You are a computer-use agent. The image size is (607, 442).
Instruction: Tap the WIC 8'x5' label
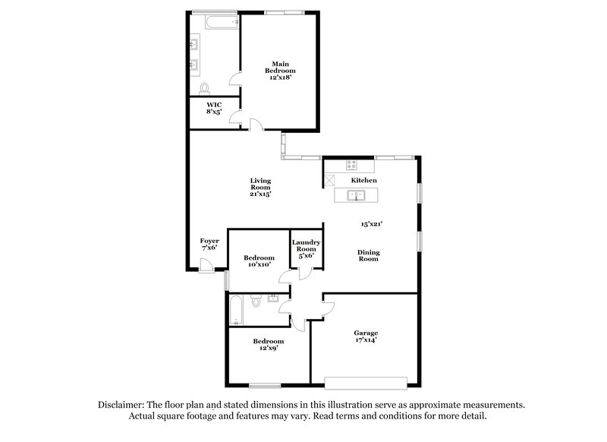tap(214, 107)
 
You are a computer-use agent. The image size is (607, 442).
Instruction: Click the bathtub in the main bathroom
tap(215, 21)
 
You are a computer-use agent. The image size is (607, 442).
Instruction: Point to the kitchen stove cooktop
tap(352, 163)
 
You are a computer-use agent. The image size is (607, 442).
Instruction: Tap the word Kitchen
tap(364, 180)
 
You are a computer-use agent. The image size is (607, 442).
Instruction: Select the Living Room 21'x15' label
tap(260, 187)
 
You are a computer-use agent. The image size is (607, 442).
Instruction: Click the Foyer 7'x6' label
tap(209, 244)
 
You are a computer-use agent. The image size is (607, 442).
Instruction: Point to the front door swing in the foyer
tap(205, 264)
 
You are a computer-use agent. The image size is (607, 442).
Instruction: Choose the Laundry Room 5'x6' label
tap(307, 249)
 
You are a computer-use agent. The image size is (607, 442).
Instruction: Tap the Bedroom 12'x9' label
tap(268, 345)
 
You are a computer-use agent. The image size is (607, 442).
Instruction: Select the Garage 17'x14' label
tap(366, 336)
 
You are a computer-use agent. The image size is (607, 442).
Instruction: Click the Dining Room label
tap(369, 256)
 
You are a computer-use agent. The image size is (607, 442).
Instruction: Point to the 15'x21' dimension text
tap(371, 224)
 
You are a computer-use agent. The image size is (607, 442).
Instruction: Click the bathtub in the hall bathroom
tap(236, 310)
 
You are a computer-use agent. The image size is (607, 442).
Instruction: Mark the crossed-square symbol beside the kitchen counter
tap(331, 180)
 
